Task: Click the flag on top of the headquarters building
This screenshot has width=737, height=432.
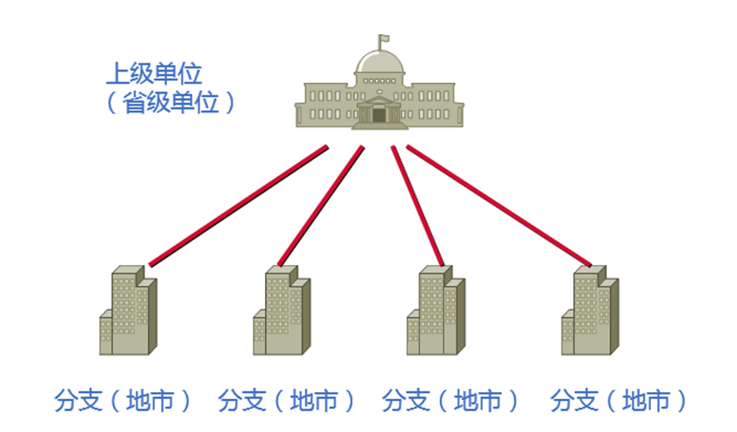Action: click(x=384, y=38)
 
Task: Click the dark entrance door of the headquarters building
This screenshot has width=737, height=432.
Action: click(x=379, y=115)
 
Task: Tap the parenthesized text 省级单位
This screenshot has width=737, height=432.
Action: click(x=170, y=103)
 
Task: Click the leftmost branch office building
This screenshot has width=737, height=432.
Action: click(x=129, y=311)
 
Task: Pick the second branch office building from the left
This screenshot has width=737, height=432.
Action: click(x=282, y=311)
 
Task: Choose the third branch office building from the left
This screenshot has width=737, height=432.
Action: click(x=436, y=311)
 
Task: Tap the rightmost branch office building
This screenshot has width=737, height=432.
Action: click(x=590, y=311)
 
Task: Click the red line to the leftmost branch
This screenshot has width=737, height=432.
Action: click(x=239, y=205)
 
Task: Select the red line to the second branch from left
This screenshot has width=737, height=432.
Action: click(x=321, y=205)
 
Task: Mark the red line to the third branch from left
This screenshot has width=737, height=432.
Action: click(x=417, y=205)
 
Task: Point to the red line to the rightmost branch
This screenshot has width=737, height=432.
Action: click(x=498, y=205)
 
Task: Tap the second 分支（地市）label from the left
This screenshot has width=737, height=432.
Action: click(x=286, y=400)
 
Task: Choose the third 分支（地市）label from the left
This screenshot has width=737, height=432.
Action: click(x=451, y=400)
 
